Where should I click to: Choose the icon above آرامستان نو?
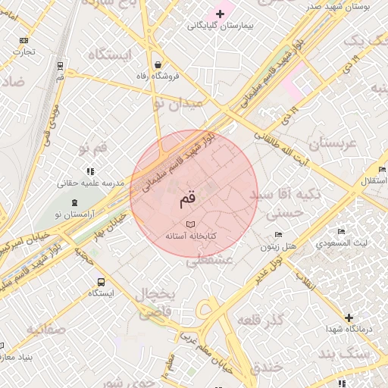pos(74,203)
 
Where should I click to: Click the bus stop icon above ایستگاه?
pos(101,281)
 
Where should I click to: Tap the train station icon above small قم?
pos(60,65)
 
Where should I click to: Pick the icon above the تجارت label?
pos(23,40)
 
